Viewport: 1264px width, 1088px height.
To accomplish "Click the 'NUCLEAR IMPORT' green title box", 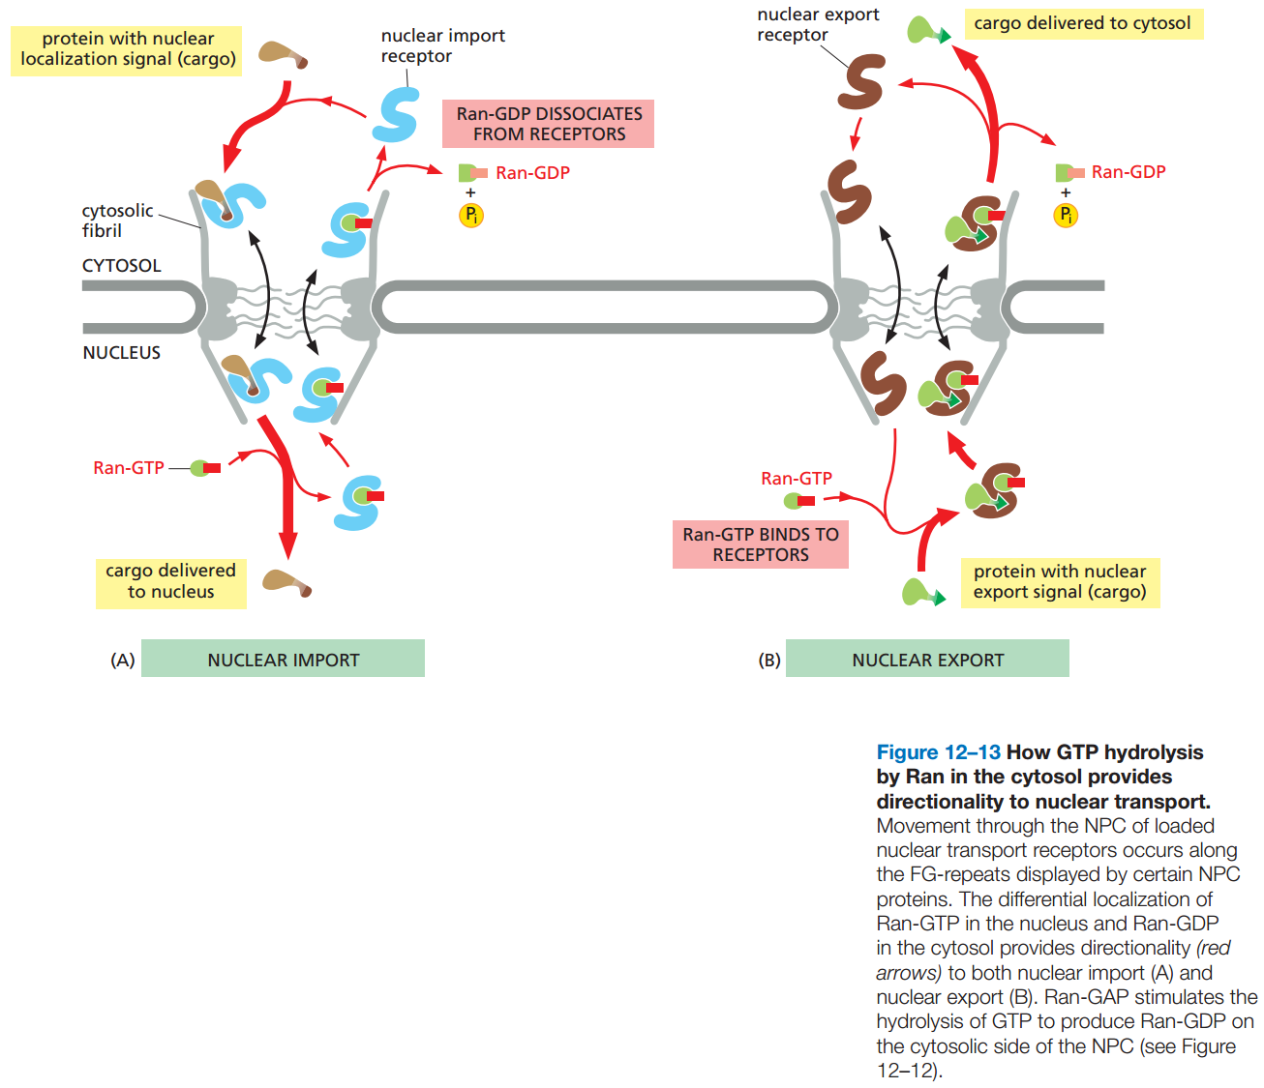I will (283, 659).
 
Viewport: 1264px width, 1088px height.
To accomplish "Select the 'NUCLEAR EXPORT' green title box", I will (927, 659).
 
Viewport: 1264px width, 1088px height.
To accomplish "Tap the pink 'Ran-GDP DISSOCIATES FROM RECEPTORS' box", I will (549, 124).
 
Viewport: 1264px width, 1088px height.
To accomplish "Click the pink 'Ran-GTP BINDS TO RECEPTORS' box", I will (761, 544).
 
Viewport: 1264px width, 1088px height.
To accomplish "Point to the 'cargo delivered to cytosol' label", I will (1082, 23).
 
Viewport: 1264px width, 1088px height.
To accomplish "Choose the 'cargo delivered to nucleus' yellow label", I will (171, 582).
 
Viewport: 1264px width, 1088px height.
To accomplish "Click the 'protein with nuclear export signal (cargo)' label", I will (1060, 582).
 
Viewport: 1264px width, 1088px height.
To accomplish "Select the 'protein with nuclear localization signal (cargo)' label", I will (128, 49).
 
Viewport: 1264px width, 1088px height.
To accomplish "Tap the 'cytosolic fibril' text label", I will (116, 221).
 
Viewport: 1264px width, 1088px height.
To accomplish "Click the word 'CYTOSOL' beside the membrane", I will (122, 266).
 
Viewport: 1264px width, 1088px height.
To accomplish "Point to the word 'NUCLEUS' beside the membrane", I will (122, 353).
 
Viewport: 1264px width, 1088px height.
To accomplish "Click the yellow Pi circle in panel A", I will (471, 216).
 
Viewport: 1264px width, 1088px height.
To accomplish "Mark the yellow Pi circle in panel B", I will (1066, 215).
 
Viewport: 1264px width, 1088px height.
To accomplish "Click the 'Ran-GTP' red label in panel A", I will (129, 468).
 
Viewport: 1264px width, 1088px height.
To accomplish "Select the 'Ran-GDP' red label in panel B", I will (1129, 172).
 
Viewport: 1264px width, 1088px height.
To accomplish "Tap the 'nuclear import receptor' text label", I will (442, 45).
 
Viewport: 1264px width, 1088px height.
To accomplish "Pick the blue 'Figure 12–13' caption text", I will (938, 752).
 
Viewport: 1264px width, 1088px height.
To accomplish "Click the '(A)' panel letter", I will (122, 660).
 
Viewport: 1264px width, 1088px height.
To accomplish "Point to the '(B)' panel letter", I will (768, 660).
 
